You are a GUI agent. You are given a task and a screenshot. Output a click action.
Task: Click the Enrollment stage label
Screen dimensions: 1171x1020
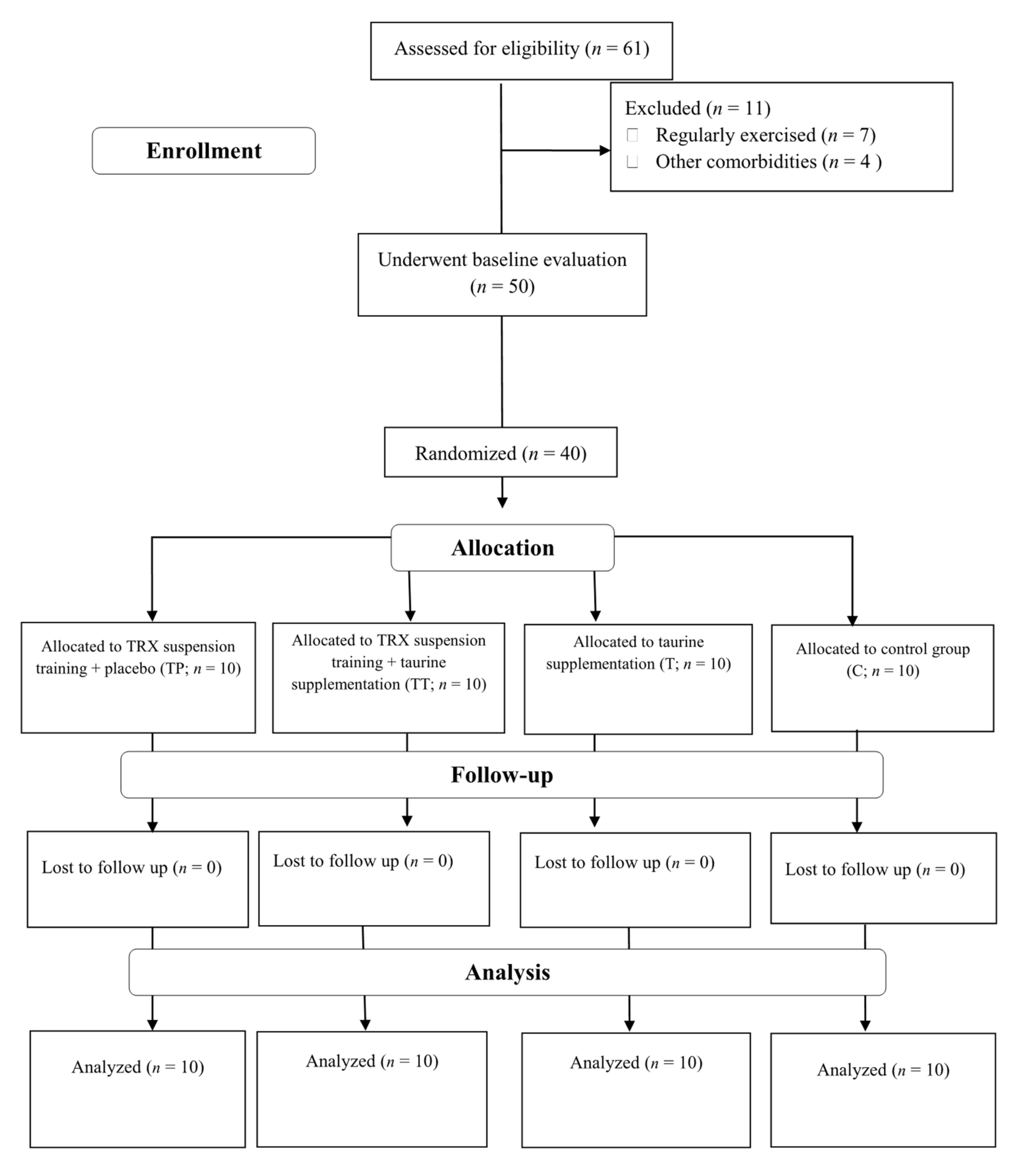(x=204, y=151)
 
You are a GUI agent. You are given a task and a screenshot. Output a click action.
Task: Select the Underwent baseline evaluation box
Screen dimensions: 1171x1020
(x=502, y=274)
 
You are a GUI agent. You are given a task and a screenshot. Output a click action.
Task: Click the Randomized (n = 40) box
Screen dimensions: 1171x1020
(x=500, y=453)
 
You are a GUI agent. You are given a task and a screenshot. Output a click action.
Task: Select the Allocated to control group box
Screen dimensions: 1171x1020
(x=882, y=677)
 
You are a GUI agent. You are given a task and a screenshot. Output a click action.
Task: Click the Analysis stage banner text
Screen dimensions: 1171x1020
(x=507, y=973)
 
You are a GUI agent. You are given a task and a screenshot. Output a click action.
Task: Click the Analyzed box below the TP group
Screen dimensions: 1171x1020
(x=138, y=1089)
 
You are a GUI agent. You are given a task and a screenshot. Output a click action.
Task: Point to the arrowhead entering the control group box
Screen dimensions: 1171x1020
(x=852, y=620)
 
